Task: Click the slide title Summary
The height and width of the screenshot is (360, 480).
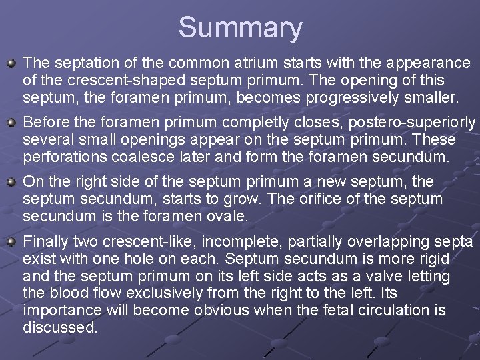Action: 240,28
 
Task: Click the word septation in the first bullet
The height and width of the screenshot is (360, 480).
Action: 78,63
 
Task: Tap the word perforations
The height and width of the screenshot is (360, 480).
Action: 63,158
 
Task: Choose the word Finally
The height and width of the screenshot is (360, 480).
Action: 46,241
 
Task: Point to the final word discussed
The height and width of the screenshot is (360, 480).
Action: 60,327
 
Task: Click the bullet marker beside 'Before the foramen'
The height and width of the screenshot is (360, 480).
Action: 11,123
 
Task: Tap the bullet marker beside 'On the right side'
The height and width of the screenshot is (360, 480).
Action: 11,182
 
